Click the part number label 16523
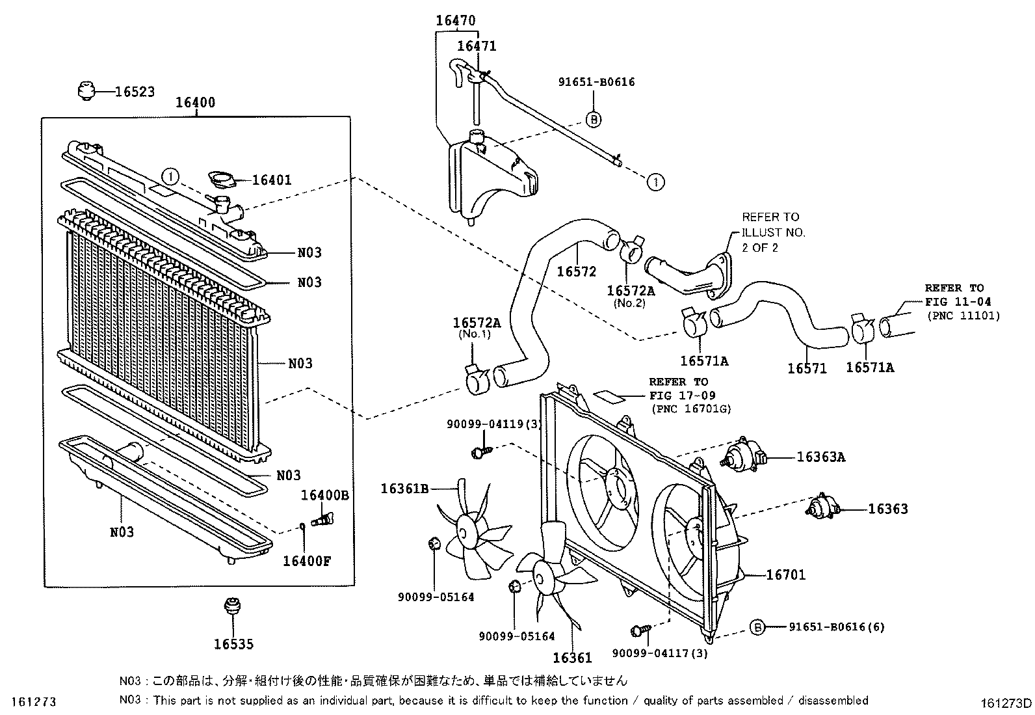click(x=135, y=92)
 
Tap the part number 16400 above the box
click(x=195, y=103)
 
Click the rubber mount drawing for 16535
click(x=229, y=606)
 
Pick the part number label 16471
click(x=477, y=46)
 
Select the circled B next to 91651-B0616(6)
click(x=757, y=627)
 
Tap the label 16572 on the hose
click(x=576, y=271)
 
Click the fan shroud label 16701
click(x=785, y=574)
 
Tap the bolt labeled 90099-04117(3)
click(x=640, y=630)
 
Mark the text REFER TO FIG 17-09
click(x=677, y=388)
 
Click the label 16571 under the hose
click(x=807, y=368)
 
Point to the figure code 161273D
click(x=1006, y=703)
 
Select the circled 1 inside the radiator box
click(x=170, y=176)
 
